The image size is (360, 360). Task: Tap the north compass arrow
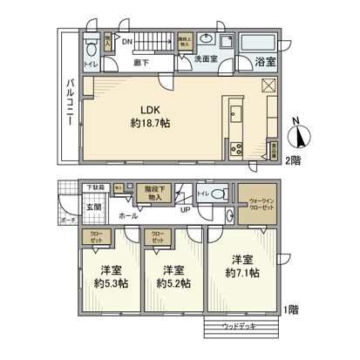click(301, 136)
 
